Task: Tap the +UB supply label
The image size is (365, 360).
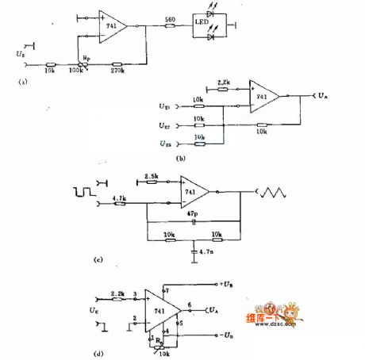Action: (225, 282)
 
